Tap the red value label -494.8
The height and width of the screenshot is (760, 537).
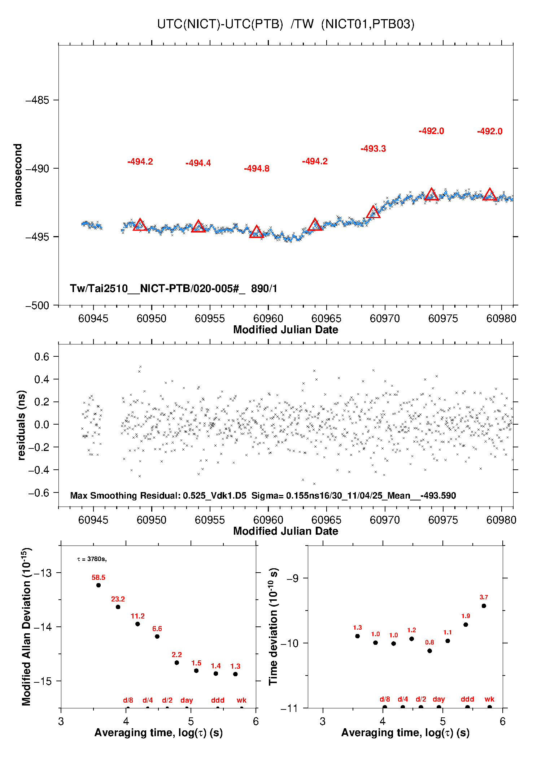[257, 169]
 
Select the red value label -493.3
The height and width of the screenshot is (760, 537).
[373, 149]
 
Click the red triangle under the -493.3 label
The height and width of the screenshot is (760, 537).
[373, 212]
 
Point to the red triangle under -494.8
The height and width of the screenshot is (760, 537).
[257, 232]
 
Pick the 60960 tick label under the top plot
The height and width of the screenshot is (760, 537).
[268, 318]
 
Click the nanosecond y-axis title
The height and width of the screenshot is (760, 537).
[18, 175]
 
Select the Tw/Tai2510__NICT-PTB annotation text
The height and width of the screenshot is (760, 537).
[173, 288]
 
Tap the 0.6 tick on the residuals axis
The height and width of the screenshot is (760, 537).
[42, 357]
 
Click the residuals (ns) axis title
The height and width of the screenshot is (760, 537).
[21, 425]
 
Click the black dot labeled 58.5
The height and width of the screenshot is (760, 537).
[99, 585]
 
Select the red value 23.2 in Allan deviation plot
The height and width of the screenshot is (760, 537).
[118, 599]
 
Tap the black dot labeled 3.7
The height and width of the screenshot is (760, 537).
[484, 606]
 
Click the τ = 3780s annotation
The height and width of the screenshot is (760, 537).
[92, 559]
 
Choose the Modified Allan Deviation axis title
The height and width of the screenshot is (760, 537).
[26, 626]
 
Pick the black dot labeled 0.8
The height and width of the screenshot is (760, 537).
[429, 651]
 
